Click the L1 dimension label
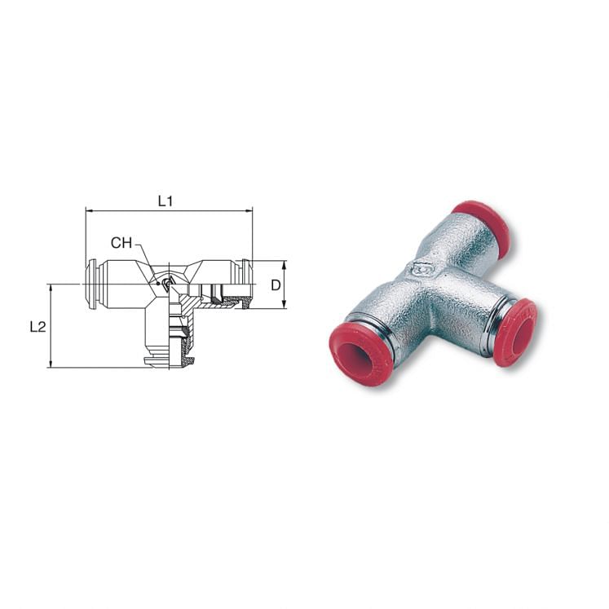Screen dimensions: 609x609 coord(165,201)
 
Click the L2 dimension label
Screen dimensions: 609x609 coord(37,327)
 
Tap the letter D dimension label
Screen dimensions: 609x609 coord(276,285)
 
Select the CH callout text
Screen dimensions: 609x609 coord(121,243)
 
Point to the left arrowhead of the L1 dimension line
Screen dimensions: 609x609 coord(88,210)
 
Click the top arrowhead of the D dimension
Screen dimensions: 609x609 coord(284,263)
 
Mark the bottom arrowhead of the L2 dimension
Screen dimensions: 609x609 coord(51,364)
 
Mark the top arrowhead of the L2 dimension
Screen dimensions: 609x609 coord(51,287)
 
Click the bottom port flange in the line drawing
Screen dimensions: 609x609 coord(168,360)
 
